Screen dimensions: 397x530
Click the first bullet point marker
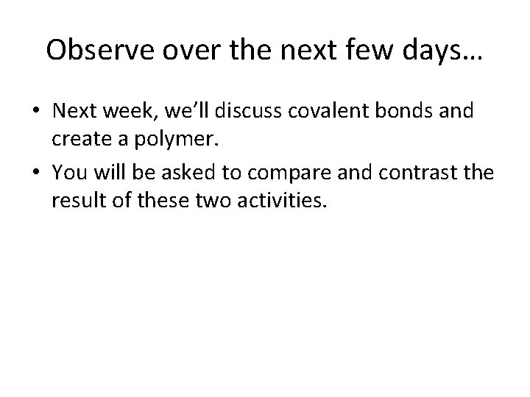click(x=36, y=112)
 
